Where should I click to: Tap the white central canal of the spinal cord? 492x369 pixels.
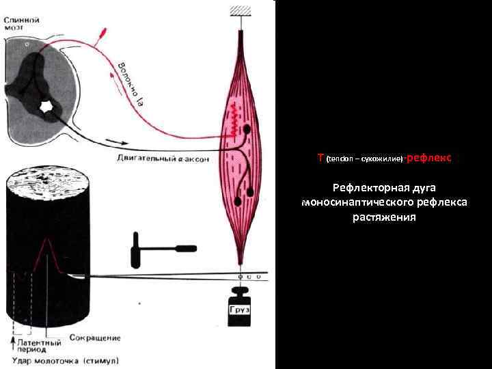(x=48, y=106)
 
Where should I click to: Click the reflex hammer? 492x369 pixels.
(x=161, y=247)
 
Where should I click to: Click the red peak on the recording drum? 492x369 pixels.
(x=46, y=241)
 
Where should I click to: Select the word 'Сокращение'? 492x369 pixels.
(x=95, y=338)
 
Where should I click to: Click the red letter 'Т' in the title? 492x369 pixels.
(x=321, y=158)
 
